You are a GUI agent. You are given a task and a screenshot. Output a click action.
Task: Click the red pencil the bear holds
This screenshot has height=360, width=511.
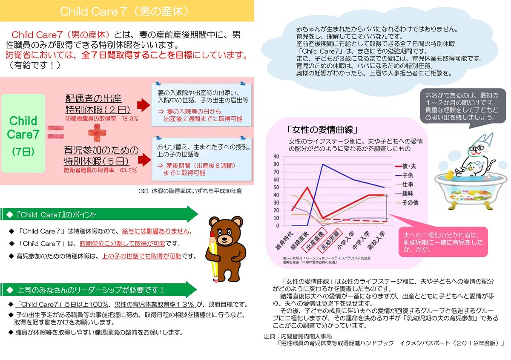pos(213,256)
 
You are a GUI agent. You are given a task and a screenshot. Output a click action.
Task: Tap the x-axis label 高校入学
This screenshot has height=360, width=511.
pos(377,241)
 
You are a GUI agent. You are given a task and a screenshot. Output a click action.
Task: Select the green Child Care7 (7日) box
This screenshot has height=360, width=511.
pos(23,133)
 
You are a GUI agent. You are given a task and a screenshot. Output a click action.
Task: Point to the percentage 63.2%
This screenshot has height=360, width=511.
pos(128,170)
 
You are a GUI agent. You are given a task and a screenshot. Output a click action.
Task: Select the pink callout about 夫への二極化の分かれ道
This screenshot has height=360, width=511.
pos(444,242)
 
